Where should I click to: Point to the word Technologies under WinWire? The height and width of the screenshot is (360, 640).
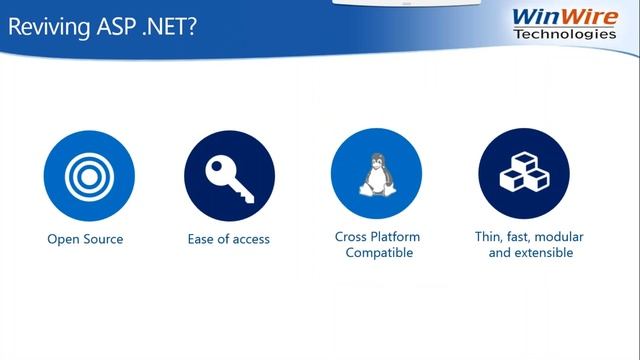click(x=565, y=34)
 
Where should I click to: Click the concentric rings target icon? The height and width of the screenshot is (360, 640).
click(x=85, y=175)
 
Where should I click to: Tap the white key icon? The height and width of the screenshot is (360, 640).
click(x=229, y=175)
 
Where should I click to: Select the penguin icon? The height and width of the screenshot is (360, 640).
click(x=376, y=175)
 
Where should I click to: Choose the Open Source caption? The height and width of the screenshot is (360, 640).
click(x=85, y=239)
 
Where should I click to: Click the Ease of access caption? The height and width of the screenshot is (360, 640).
click(x=229, y=239)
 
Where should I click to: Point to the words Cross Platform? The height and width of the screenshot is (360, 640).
click(x=377, y=237)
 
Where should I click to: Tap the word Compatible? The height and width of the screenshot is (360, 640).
click(x=378, y=253)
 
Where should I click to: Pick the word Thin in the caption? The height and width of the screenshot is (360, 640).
click(x=488, y=237)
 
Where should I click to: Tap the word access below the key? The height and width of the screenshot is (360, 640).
click(x=250, y=239)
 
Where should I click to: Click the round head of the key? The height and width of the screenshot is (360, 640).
click(x=218, y=166)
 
